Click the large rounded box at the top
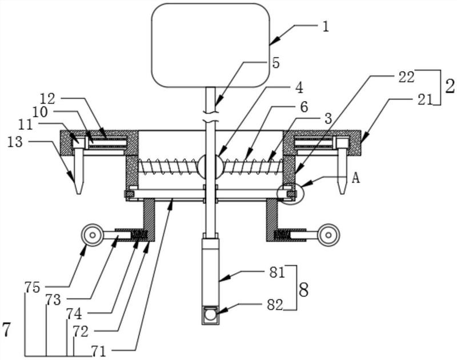(x=210, y=45)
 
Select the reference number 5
(x=275, y=63)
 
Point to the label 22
(x=406, y=78)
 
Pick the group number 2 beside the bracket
(x=449, y=87)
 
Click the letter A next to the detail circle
(x=355, y=178)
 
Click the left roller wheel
(x=91, y=235)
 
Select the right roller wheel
(x=328, y=235)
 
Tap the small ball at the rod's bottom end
(x=210, y=314)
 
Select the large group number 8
(x=303, y=290)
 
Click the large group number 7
(x=6, y=330)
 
